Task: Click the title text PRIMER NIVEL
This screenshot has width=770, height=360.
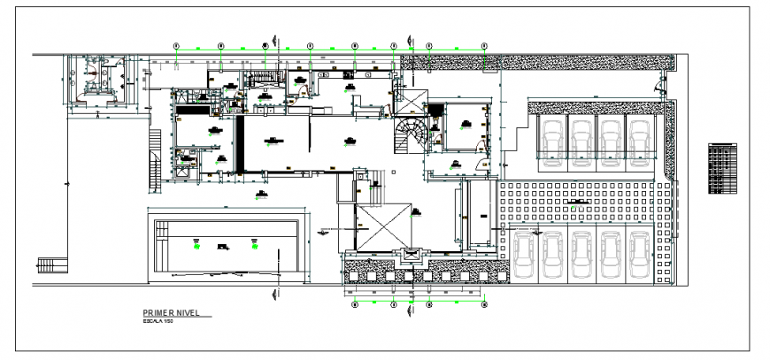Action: [x=173, y=313]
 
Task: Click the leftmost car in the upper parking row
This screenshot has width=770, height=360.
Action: [x=551, y=138]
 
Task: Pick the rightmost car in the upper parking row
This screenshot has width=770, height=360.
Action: [x=640, y=138]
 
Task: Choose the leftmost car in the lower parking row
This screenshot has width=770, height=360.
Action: [x=525, y=254]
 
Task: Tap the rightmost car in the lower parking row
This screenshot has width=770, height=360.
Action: [x=641, y=254]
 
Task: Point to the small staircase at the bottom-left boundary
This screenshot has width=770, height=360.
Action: [x=51, y=265]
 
